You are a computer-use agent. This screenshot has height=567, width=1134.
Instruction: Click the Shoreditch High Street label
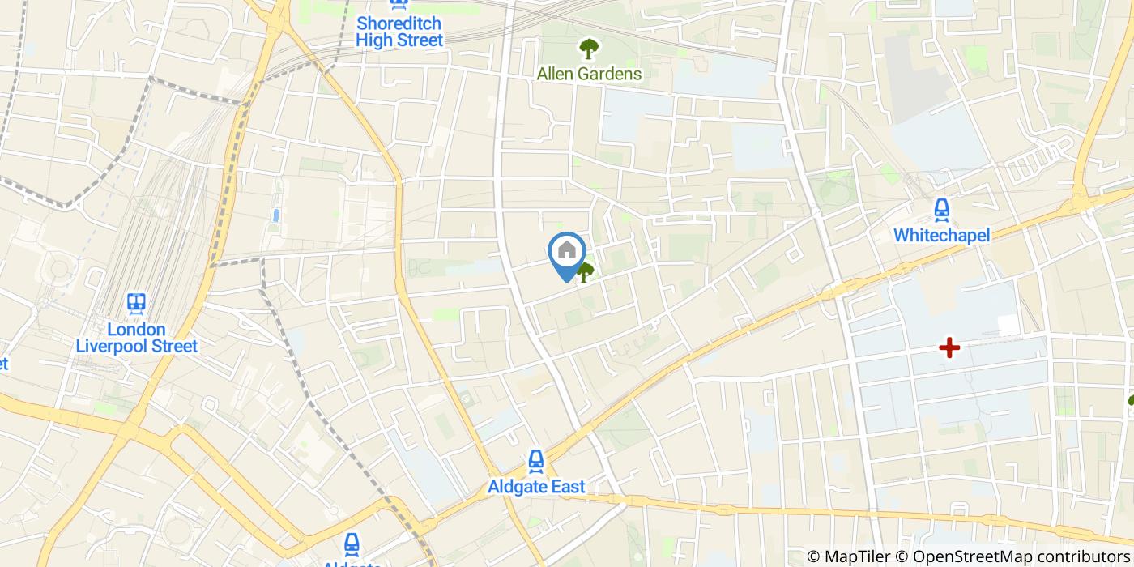click(399, 31)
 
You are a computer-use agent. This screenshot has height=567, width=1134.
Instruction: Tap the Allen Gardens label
click(589, 74)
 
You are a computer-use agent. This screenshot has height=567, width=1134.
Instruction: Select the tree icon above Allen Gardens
click(587, 49)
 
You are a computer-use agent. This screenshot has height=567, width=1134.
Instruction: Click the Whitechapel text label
click(941, 235)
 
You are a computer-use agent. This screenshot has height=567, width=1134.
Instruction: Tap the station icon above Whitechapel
click(941, 211)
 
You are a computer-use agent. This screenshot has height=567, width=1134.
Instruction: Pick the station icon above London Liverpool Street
click(136, 305)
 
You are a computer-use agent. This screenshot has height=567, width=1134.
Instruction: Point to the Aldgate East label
click(535, 487)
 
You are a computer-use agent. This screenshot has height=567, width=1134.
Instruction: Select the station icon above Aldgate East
click(535, 462)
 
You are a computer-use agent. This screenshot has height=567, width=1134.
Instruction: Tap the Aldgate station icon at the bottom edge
click(352, 544)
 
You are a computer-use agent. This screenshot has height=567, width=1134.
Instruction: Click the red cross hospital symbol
click(949, 348)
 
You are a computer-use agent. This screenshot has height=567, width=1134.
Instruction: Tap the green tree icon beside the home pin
click(585, 273)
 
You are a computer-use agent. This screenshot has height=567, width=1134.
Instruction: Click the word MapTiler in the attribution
click(863, 556)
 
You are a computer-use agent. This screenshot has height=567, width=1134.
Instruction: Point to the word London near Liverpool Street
click(136, 330)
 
